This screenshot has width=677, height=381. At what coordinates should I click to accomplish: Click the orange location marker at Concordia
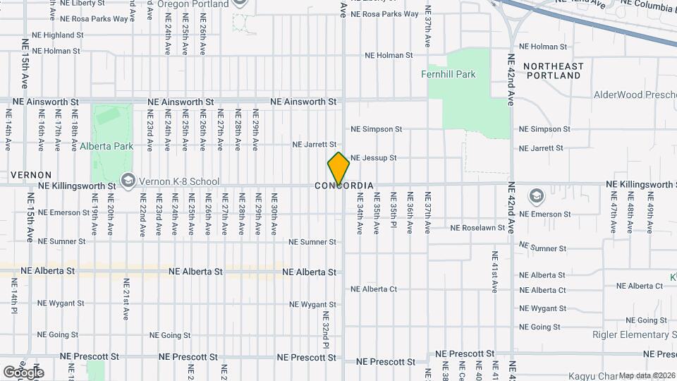338,168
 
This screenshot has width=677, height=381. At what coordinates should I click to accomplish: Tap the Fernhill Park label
448,74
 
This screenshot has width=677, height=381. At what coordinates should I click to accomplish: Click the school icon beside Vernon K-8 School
127,181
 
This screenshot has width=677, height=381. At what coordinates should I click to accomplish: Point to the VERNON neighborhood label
31,174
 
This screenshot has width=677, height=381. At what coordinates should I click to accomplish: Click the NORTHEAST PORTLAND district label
554,71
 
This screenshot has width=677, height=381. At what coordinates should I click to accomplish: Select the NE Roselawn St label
478,228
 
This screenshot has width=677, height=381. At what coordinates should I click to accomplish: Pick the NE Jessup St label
374,158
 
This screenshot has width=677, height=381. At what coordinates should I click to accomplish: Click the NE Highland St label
59,35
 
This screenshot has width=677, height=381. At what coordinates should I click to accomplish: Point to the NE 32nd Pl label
326,329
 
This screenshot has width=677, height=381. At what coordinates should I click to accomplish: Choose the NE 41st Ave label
494,271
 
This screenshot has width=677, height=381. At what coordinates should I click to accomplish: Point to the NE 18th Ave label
75,135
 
